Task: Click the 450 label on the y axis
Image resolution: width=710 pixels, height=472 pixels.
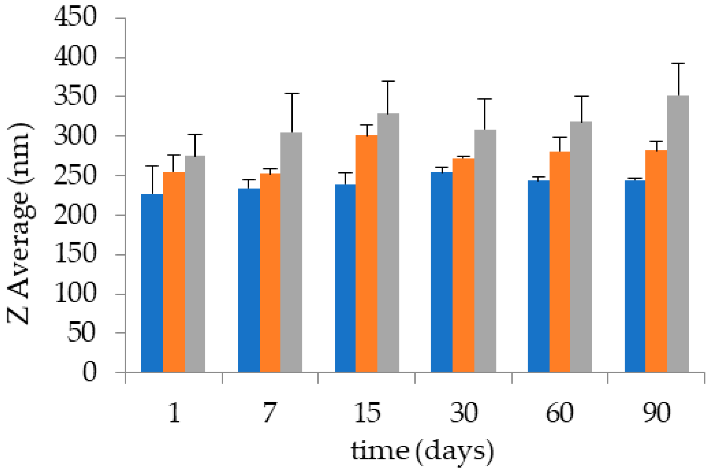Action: tap(75, 17)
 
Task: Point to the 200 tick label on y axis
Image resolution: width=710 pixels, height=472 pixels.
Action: tap(75, 215)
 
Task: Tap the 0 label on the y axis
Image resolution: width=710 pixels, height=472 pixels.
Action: tap(89, 372)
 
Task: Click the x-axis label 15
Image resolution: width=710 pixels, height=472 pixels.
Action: tap(367, 413)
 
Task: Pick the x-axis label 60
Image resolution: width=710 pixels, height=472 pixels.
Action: tap(560, 413)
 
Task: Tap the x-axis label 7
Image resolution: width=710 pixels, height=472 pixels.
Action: tap(270, 413)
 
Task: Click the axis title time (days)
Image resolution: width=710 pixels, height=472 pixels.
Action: tap(422, 451)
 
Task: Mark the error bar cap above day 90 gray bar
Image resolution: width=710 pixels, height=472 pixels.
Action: tap(678, 64)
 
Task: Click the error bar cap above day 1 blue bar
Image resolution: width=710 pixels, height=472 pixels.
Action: tap(152, 166)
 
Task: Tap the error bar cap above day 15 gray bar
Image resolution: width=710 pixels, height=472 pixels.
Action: tap(388, 81)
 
